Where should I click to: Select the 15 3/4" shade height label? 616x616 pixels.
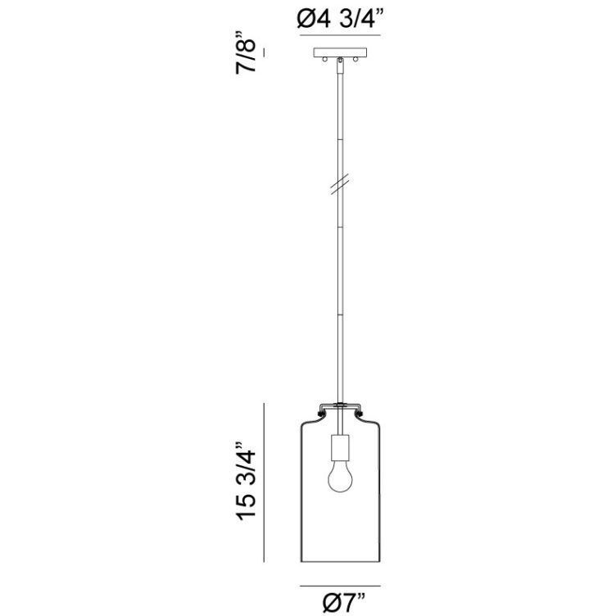click(x=248, y=482)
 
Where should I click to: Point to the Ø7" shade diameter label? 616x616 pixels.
click(x=341, y=603)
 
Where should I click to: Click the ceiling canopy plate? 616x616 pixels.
click(x=341, y=53)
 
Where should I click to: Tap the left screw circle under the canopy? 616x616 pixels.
click(x=328, y=61)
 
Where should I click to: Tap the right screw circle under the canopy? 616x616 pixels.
click(x=354, y=61)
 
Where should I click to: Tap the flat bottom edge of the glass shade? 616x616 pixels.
click(x=342, y=564)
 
